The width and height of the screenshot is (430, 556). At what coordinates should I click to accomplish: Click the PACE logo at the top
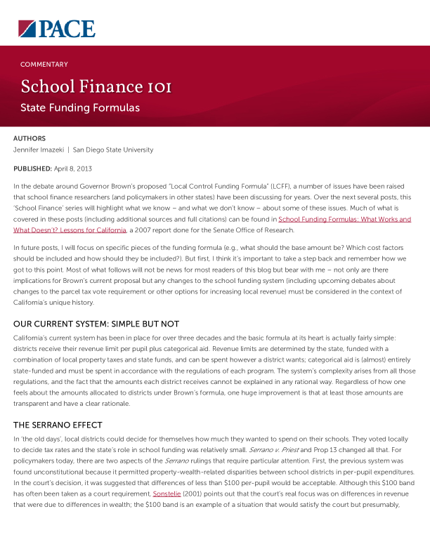tap(57, 29)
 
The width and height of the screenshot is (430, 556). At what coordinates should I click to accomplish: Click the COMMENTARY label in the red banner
tap(44, 65)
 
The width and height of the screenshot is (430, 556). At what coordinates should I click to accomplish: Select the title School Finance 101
tap(96, 87)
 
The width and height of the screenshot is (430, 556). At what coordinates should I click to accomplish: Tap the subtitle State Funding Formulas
tap(80, 108)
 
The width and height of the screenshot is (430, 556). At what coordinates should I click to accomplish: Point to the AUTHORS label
tap(30, 139)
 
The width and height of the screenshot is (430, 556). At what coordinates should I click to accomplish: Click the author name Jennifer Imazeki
tap(44, 150)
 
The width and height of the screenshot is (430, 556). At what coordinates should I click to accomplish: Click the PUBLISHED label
tap(32, 169)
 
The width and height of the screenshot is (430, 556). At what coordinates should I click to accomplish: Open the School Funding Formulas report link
tap(344, 220)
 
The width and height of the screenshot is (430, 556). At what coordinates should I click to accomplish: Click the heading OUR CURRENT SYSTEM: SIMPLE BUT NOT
tap(96, 324)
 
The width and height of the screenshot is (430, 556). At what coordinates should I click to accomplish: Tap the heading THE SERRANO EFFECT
tap(58, 425)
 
